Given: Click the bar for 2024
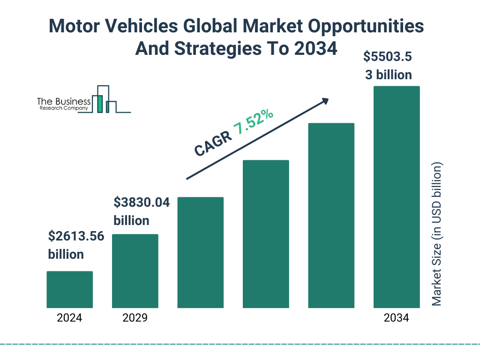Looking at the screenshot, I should (x=69, y=290).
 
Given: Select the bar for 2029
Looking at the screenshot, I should (x=135, y=271).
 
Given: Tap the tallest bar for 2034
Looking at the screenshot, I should (x=396, y=197).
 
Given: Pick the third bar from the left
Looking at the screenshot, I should (x=200, y=253).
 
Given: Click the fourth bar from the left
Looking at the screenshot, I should (x=266, y=234).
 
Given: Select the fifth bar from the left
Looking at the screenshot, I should (x=331, y=216).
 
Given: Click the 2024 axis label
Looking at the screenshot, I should (x=69, y=318).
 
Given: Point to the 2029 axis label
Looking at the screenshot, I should (x=135, y=318).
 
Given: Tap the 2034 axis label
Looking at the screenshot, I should (x=396, y=318).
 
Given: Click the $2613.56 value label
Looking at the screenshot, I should (x=75, y=237).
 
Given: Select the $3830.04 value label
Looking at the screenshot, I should (x=142, y=202).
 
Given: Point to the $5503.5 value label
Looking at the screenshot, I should (x=388, y=57).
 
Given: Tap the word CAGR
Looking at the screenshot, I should (x=212, y=143).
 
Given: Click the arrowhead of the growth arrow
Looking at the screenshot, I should (x=324, y=101).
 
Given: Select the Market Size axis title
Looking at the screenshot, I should (x=437, y=234).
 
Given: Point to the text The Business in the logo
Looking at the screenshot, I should (x=64, y=101).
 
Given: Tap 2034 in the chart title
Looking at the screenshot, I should (x=315, y=48).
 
